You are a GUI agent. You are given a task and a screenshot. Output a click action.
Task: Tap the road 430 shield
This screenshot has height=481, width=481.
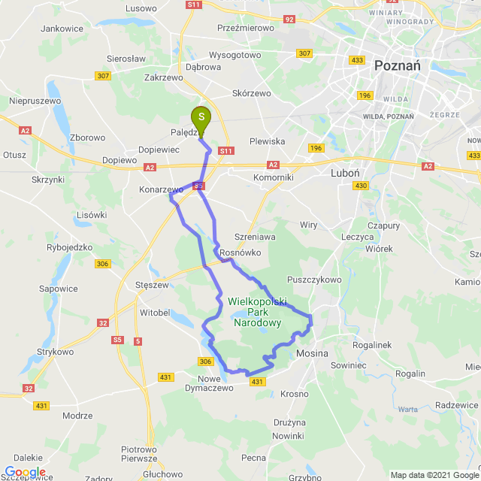pos(362,186)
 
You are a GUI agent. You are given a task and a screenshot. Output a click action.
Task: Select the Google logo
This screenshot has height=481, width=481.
pos(24,472)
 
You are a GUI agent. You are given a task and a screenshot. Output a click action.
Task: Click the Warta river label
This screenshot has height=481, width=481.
pos(408,410)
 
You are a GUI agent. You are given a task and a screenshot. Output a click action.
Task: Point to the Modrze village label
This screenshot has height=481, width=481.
pos(77,415)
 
